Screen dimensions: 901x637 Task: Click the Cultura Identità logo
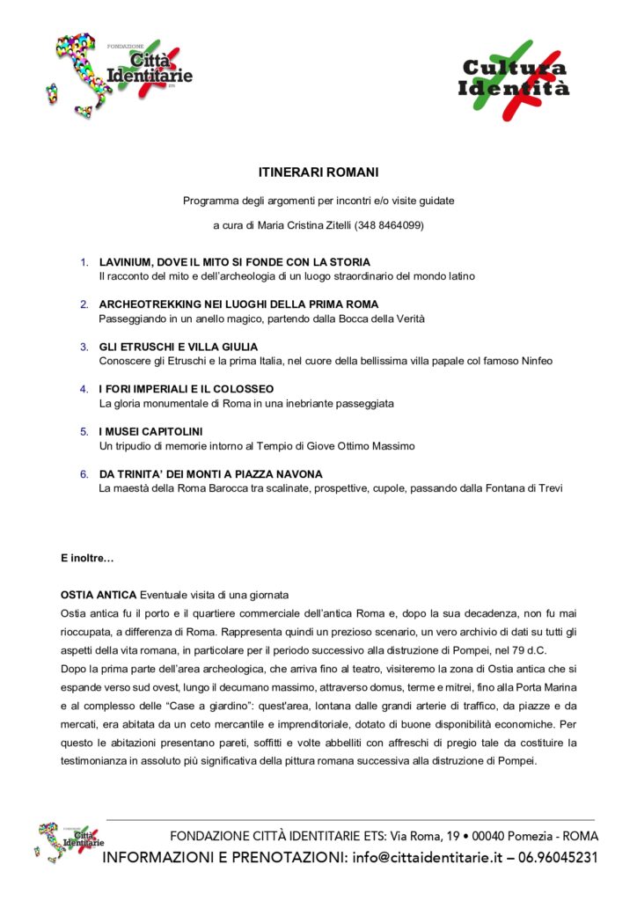coord(514,78)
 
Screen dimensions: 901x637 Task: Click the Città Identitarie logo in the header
coord(119,75)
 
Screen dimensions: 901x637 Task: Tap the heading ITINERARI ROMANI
coord(318,172)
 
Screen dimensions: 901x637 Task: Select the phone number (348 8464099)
coord(389,225)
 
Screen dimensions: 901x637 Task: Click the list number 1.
coord(84,262)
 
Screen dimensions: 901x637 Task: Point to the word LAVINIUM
coord(126,262)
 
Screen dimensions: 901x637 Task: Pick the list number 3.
coord(84,347)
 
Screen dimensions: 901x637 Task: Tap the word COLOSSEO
coord(249,389)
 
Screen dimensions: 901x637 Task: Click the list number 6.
coord(84,473)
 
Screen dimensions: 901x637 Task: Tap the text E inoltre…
coord(87,558)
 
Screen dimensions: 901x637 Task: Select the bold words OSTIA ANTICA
coord(99,595)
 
